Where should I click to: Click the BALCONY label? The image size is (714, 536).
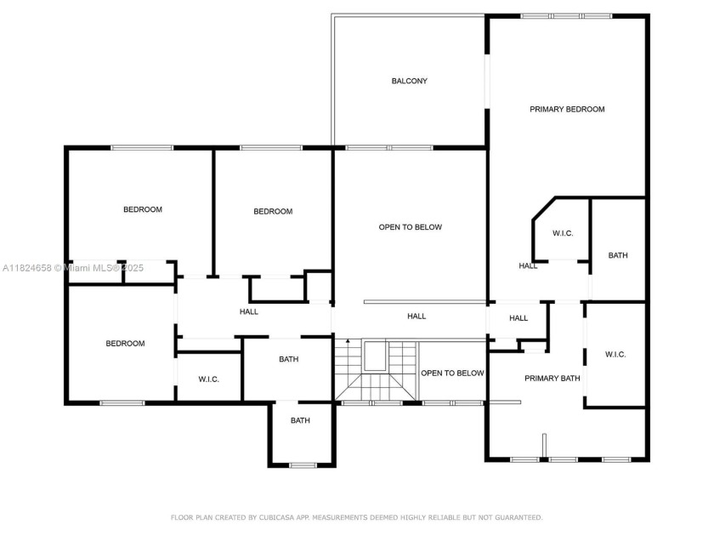[x=409, y=82]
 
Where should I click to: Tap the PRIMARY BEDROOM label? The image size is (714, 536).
[x=567, y=110]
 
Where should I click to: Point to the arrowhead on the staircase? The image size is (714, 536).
[x=348, y=342]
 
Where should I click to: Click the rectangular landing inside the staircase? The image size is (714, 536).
[x=374, y=357]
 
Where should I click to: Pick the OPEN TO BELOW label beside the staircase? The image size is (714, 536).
[x=452, y=373]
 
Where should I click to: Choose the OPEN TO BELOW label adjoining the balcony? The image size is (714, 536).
[x=411, y=227]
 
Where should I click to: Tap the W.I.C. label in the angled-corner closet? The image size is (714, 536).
[x=563, y=233]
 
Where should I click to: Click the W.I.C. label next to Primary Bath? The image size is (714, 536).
[x=615, y=355]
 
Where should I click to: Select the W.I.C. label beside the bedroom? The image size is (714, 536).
[x=209, y=379]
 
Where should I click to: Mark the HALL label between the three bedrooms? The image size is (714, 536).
[x=248, y=312]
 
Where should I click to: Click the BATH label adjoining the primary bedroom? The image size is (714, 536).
[x=618, y=255]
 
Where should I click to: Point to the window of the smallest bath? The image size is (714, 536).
[x=303, y=465]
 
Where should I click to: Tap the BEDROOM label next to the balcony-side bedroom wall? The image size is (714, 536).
[x=273, y=212]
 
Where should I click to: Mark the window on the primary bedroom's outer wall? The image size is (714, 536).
[x=566, y=16]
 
